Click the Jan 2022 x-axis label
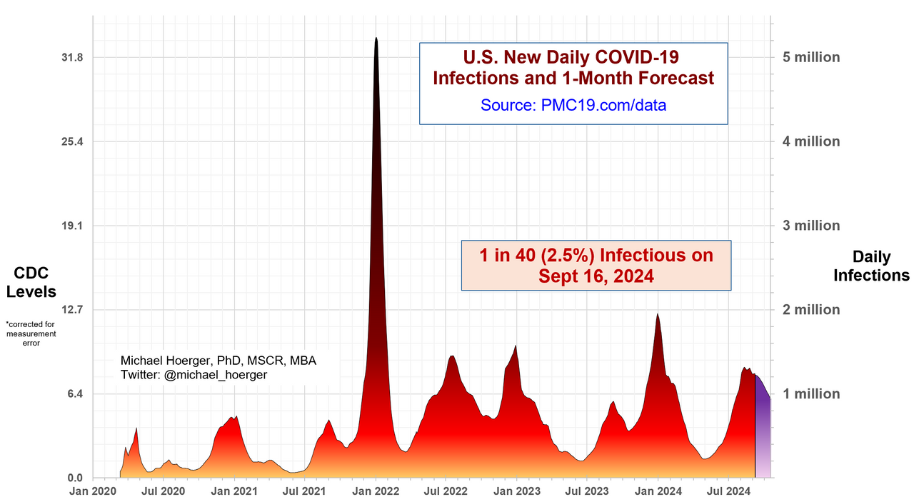(x=376, y=491)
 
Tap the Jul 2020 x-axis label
(x=164, y=491)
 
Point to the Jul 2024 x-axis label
(x=729, y=491)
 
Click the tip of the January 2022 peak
(x=376, y=39)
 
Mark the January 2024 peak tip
(x=658, y=314)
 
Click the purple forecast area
(x=762, y=428)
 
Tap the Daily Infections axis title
(x=871, y=266)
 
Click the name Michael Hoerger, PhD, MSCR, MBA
(x=219, y=361)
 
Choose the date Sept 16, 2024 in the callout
(x=596, y=276)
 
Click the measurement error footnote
(x=30, y=333)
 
